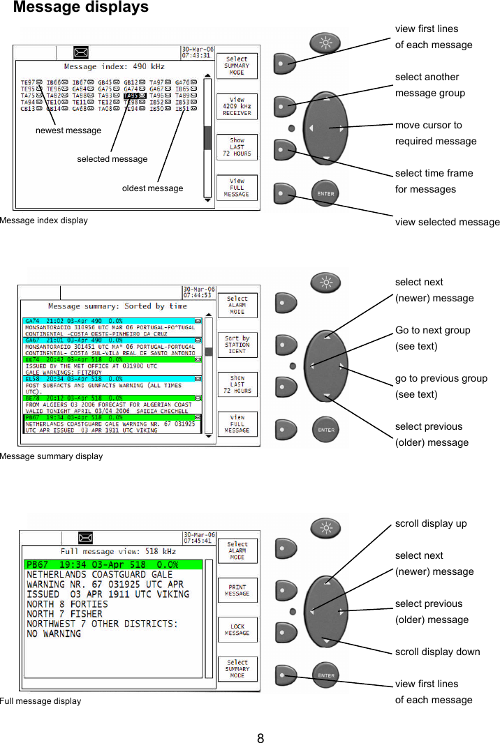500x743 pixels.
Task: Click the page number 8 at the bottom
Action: (260, 738)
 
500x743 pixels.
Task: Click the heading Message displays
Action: (81, 8)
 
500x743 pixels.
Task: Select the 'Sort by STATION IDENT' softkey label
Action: (237, 344)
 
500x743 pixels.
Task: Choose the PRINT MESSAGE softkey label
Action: (237, 590)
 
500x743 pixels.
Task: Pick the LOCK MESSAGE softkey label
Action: (237, 630)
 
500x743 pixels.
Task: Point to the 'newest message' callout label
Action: (68, 130)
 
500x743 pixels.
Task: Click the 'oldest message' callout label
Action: (152, 188)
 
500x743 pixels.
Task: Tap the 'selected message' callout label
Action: (112, 159)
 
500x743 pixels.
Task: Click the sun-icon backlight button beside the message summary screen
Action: (325, 283)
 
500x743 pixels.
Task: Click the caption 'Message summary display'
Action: (51, 456)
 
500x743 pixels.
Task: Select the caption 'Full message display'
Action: (41, 700)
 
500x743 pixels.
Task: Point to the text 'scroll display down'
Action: (437, 652)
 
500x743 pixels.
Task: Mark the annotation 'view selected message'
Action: (447, 222)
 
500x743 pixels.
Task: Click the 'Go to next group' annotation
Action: (432, 330)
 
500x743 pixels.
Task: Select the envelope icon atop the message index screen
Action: (82, 52)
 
